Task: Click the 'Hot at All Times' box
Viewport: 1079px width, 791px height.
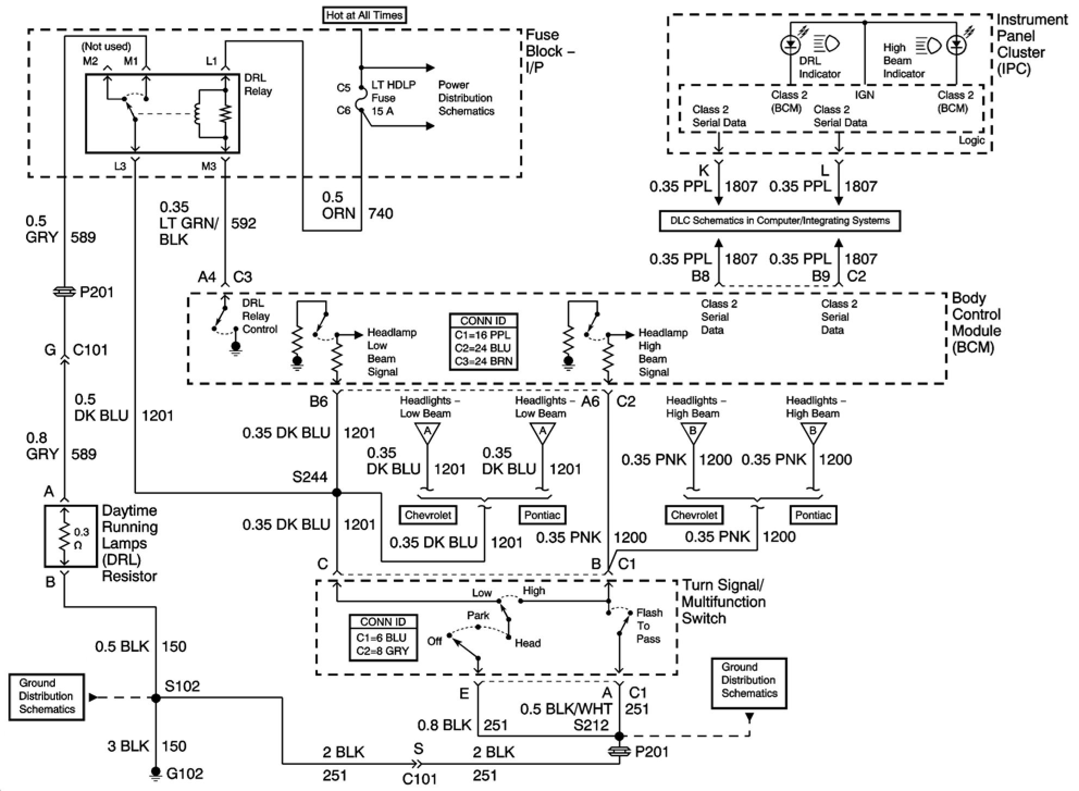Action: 364,15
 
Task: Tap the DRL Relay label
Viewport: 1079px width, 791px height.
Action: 257,84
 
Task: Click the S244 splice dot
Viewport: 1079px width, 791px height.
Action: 337,492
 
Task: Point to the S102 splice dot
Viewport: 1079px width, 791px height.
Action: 156,698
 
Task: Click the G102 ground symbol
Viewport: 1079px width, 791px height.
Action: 156,773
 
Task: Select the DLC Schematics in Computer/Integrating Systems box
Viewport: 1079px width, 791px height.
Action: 780,221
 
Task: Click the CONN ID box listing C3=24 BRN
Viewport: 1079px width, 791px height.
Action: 483,342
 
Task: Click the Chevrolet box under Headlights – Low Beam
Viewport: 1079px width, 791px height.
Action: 428,515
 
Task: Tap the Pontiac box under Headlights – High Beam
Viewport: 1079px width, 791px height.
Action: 813,515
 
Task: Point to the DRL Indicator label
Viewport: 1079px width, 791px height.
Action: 819,67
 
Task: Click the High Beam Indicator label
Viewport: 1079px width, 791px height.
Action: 903,60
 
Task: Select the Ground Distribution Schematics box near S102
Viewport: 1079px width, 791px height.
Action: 47,696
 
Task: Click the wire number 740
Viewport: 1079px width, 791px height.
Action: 381,213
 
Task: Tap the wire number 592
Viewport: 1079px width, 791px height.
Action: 243,223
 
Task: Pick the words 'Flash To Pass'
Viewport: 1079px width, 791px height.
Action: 649,626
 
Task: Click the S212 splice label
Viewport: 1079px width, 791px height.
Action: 591,725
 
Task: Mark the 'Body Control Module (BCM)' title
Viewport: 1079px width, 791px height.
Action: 976,323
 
